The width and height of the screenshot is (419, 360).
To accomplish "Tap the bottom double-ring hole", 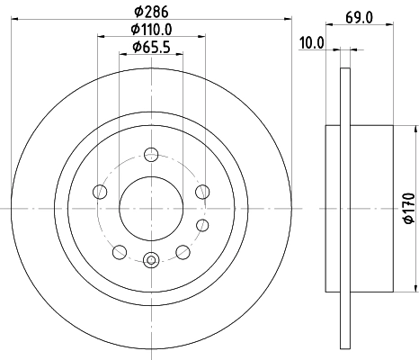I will [150, 261].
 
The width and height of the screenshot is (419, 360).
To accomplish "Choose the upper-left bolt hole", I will [97, 191].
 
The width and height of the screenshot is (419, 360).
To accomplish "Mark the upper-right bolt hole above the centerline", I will [203, 191].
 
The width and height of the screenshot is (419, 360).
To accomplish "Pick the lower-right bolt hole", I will [183, 251].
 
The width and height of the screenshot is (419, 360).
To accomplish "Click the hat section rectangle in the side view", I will [369, 208].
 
